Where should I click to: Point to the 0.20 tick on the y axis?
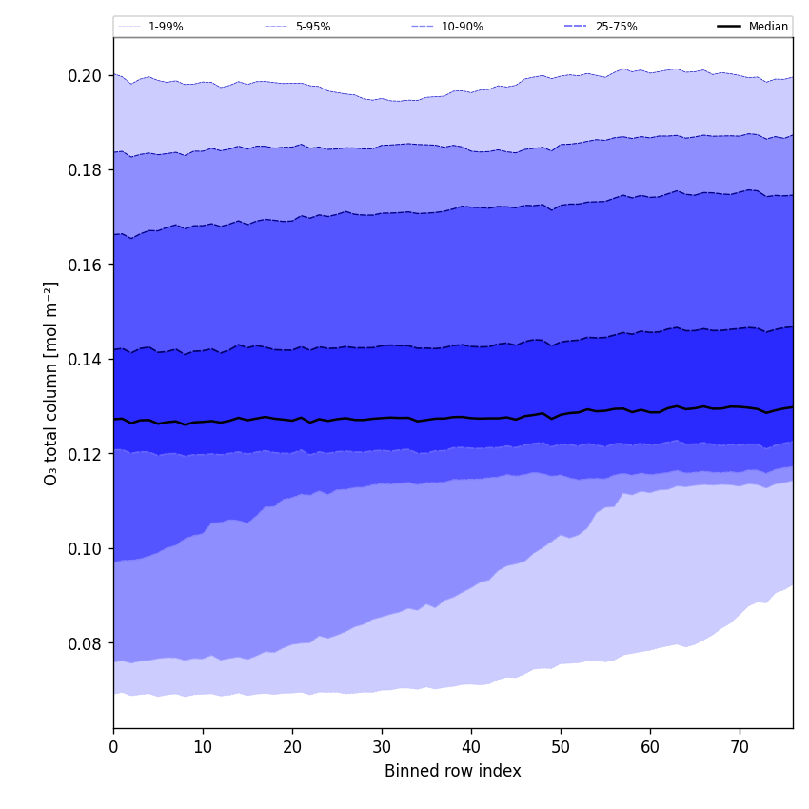[x=86, y=75]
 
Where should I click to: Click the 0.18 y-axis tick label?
[x=86, y=170]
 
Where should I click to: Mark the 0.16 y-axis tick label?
[x=86, y=265]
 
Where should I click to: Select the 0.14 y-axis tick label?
[x=86, y=360]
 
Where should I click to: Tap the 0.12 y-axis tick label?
[x=86, y=454]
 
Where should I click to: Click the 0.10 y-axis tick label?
[x=86, y=549]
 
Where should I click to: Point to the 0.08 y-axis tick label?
[x=86, y=643]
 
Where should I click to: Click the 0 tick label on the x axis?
[x=113, y=748]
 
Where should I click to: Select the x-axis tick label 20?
[x=292, y=748]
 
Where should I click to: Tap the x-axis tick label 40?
[x=471, y=748]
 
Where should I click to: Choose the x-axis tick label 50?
[x=561, y=748]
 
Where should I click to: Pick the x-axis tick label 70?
[x=740, y=748]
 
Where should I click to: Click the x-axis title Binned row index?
[x=453, y=772]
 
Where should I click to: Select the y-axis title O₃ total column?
[x=51, y=383]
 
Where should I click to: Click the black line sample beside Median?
[x=730, y=27]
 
